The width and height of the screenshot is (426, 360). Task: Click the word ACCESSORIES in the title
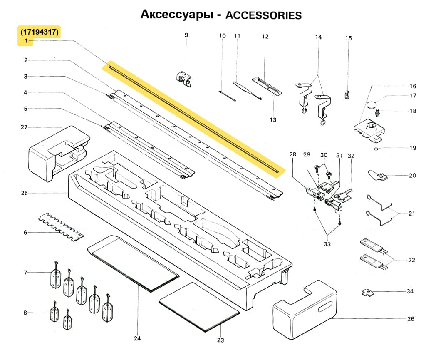263,15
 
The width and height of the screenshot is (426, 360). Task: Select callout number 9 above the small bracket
186,35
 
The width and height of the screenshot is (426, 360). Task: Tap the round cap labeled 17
372,103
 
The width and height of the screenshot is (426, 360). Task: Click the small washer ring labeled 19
376,148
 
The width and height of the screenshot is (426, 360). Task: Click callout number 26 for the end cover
411,319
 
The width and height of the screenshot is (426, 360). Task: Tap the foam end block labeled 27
58,152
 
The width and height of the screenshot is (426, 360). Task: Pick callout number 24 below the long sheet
137,338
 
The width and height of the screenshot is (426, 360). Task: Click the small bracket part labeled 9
183,78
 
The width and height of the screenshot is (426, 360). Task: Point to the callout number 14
318,37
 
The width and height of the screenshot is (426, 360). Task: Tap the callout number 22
411,260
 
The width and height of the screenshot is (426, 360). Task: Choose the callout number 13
273,120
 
